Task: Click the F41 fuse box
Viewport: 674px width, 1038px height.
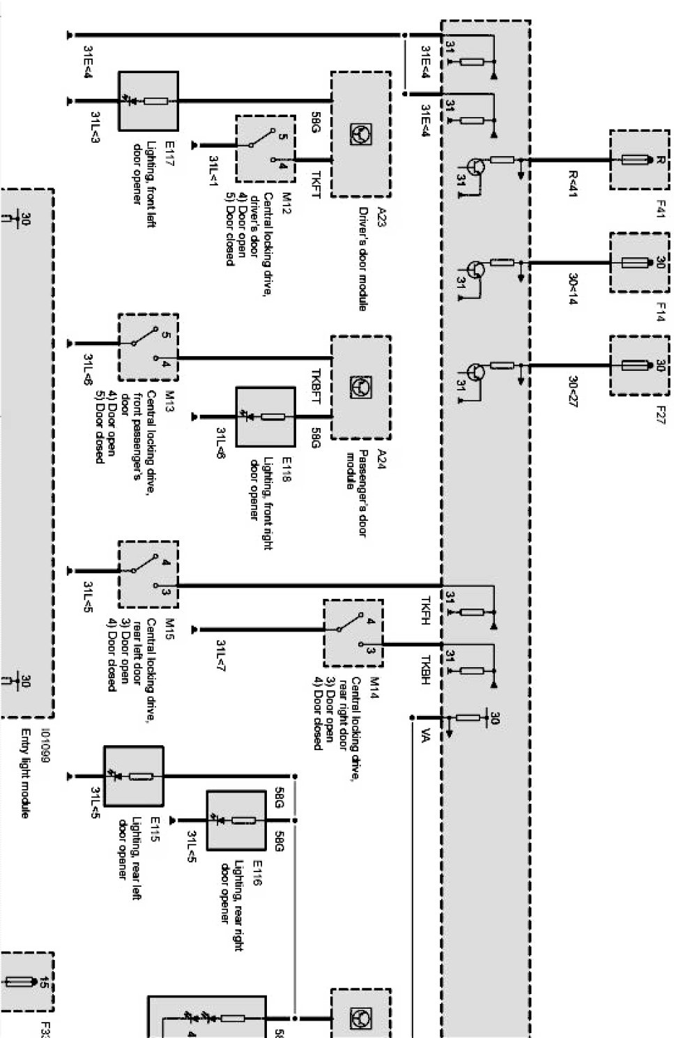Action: (639, 160)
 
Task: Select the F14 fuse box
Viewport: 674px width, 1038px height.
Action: (639, 263)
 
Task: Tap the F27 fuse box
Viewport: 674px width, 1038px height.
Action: (639, 366)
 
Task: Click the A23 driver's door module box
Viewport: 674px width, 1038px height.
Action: (360, 134)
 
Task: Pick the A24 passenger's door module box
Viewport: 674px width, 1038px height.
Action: (360, 388)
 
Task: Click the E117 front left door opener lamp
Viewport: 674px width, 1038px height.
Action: (148, 101)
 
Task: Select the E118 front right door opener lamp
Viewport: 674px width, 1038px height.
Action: (266, 417)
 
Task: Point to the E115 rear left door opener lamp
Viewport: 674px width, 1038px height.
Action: (134, 776)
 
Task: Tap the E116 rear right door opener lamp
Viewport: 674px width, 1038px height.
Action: (236, 820)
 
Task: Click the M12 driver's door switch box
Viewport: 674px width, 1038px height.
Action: (265, 148)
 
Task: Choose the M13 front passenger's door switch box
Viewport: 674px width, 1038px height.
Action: (148, 346)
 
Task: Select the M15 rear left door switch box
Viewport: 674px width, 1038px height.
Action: (148, 574)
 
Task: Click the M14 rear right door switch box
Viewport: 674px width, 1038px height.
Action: (353, 632)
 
